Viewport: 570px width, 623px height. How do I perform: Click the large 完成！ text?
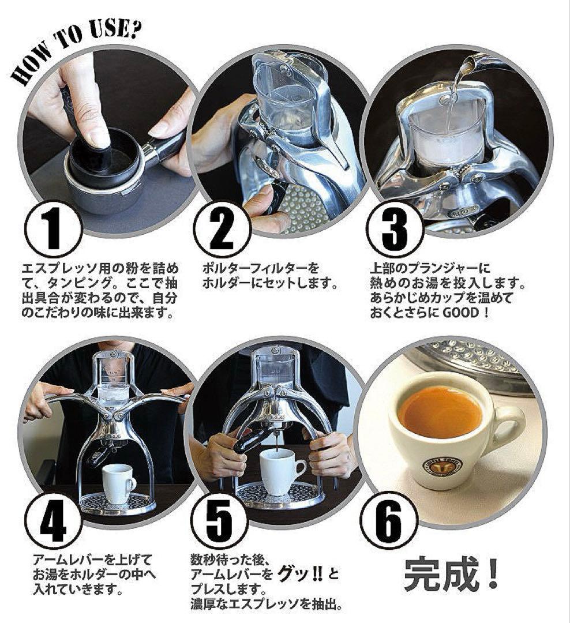451,573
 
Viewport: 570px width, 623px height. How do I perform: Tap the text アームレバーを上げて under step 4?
92,560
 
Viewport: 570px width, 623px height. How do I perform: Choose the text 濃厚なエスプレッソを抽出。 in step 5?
268,605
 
